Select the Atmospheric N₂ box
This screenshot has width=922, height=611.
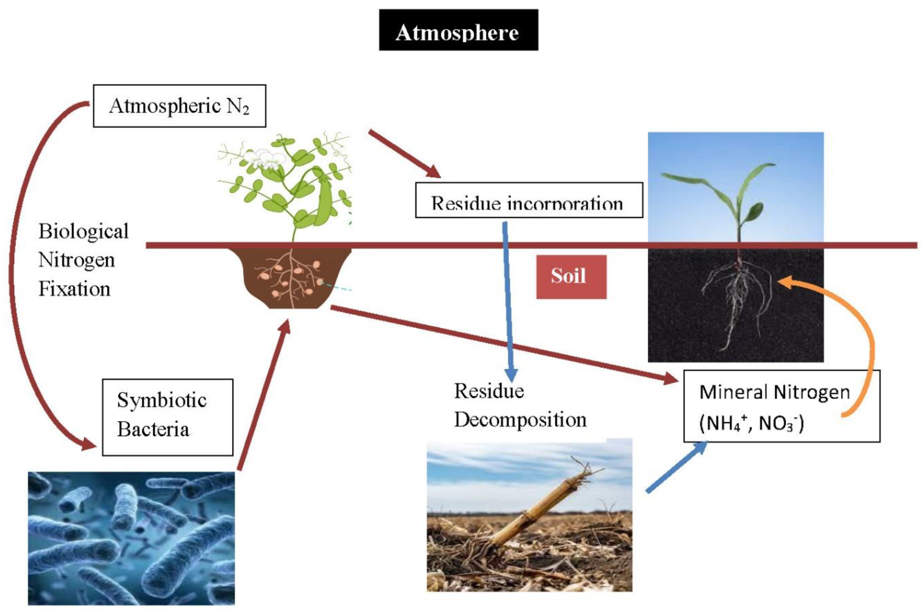pos(179,106)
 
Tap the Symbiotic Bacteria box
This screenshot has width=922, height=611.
pos(168,417)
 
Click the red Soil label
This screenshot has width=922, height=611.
pos(571,277)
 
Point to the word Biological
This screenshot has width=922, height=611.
pos(83,231)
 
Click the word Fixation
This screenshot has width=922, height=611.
pos(74,289)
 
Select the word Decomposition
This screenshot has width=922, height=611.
pos(520,420)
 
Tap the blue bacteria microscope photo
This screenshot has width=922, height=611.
pos(131,538)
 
